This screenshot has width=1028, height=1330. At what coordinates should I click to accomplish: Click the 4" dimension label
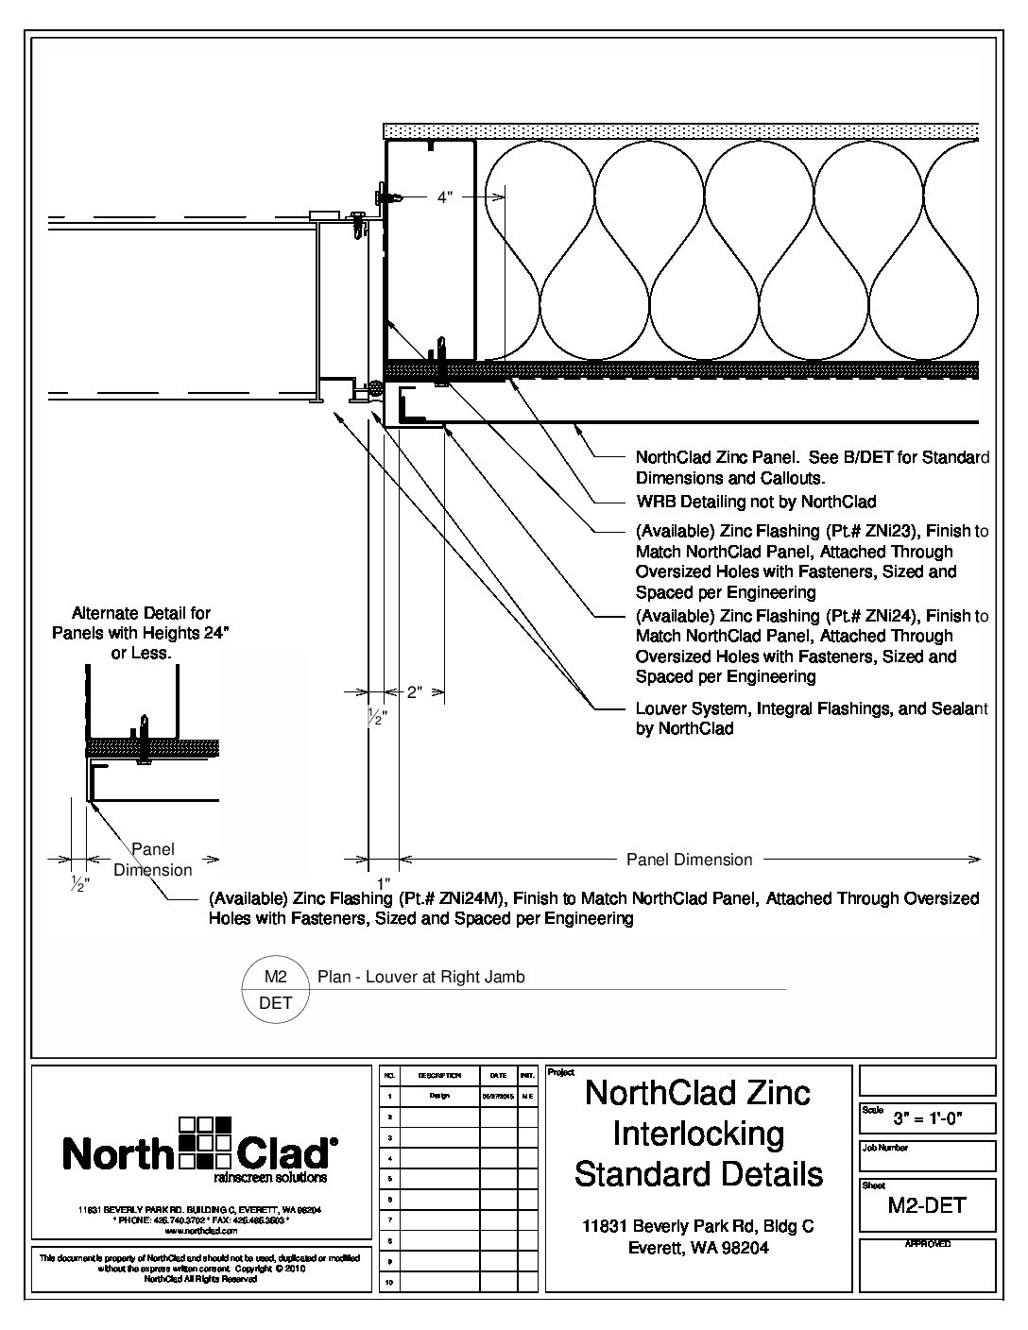click(x=445, y=197)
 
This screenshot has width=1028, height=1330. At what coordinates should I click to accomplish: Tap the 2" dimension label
click(x=415, y=692)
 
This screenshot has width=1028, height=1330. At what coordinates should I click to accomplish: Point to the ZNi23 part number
click(x=880, y=531)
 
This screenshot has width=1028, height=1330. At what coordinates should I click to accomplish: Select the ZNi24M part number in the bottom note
click(x=460, y=897)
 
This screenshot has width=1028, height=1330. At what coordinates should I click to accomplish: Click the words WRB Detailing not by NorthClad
click(x=756, y=502)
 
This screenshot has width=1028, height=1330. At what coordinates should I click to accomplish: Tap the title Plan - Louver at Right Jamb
click(x=420, y=978)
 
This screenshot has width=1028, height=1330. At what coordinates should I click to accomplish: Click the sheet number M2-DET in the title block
click(x=927, y=1205)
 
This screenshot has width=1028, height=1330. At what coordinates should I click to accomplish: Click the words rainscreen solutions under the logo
click(x=270, y=1178)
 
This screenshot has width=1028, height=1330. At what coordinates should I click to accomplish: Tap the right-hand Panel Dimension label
click(x=690, y=860)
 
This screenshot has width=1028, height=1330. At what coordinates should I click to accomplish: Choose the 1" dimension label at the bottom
click(x=384, y=882)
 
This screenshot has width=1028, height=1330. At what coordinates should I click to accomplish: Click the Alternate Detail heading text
click(x=142, y=613)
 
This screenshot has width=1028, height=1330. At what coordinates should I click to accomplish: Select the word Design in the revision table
click(x=439, y=1096)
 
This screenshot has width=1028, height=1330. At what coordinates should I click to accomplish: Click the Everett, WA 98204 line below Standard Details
click(x=698, y=1248)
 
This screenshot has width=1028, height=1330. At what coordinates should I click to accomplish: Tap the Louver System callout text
click(x=812, y=708)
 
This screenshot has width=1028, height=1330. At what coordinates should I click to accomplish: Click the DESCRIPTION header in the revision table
click(x=439, y=1075)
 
